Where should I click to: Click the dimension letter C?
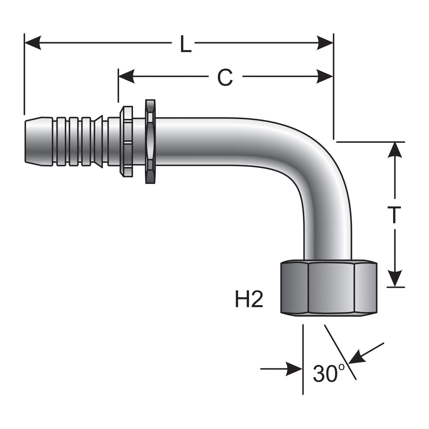point(225,77)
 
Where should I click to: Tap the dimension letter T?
point(394,214)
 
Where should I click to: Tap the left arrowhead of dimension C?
point(126,77)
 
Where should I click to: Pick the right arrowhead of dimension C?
point(325,77)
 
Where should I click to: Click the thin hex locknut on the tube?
point(150,141)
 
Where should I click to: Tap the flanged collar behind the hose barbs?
point(126,141)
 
